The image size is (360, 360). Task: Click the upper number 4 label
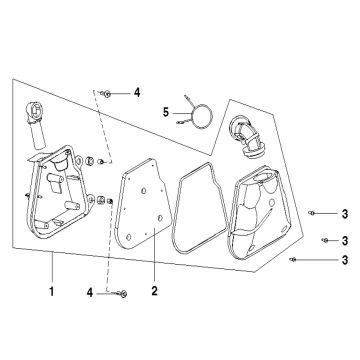coord(136,92)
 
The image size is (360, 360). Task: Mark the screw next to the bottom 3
coord(292,259)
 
